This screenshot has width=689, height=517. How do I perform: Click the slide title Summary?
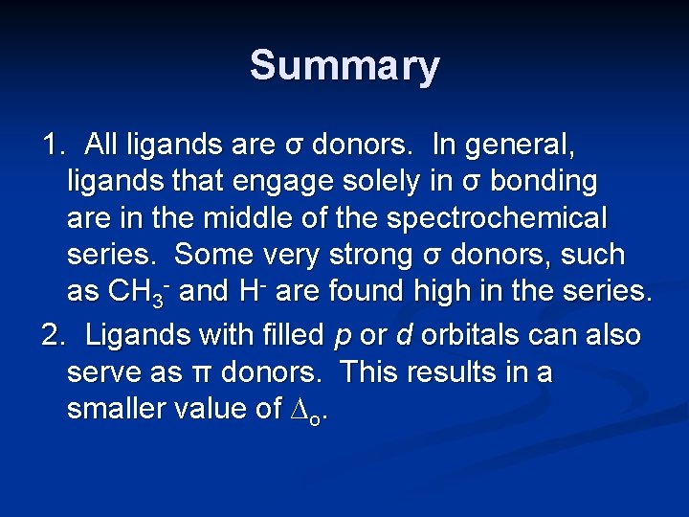344,66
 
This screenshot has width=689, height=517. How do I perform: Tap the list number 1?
52,145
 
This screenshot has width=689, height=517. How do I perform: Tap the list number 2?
52,336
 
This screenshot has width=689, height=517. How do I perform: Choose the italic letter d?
405,335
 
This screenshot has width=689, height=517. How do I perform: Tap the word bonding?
544,182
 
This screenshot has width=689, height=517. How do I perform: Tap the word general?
522,146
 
